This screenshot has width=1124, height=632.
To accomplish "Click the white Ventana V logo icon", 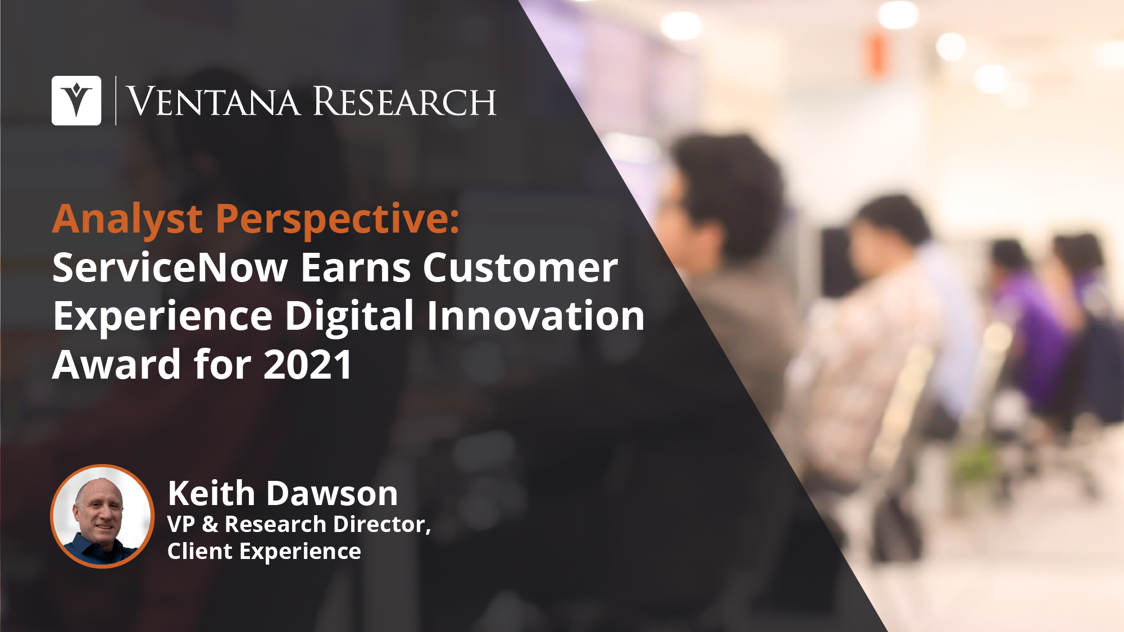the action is click(76, 101).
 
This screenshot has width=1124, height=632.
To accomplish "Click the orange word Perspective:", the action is click(338, 220).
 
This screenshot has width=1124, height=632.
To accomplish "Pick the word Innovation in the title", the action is click(536, 316).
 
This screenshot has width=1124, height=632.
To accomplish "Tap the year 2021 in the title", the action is click(308, 365).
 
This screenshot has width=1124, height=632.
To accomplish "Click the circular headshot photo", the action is click(102, 516).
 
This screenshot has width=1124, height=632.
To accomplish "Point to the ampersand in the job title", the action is click(210, 524).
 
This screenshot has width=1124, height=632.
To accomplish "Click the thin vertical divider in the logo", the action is click(116, 101).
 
